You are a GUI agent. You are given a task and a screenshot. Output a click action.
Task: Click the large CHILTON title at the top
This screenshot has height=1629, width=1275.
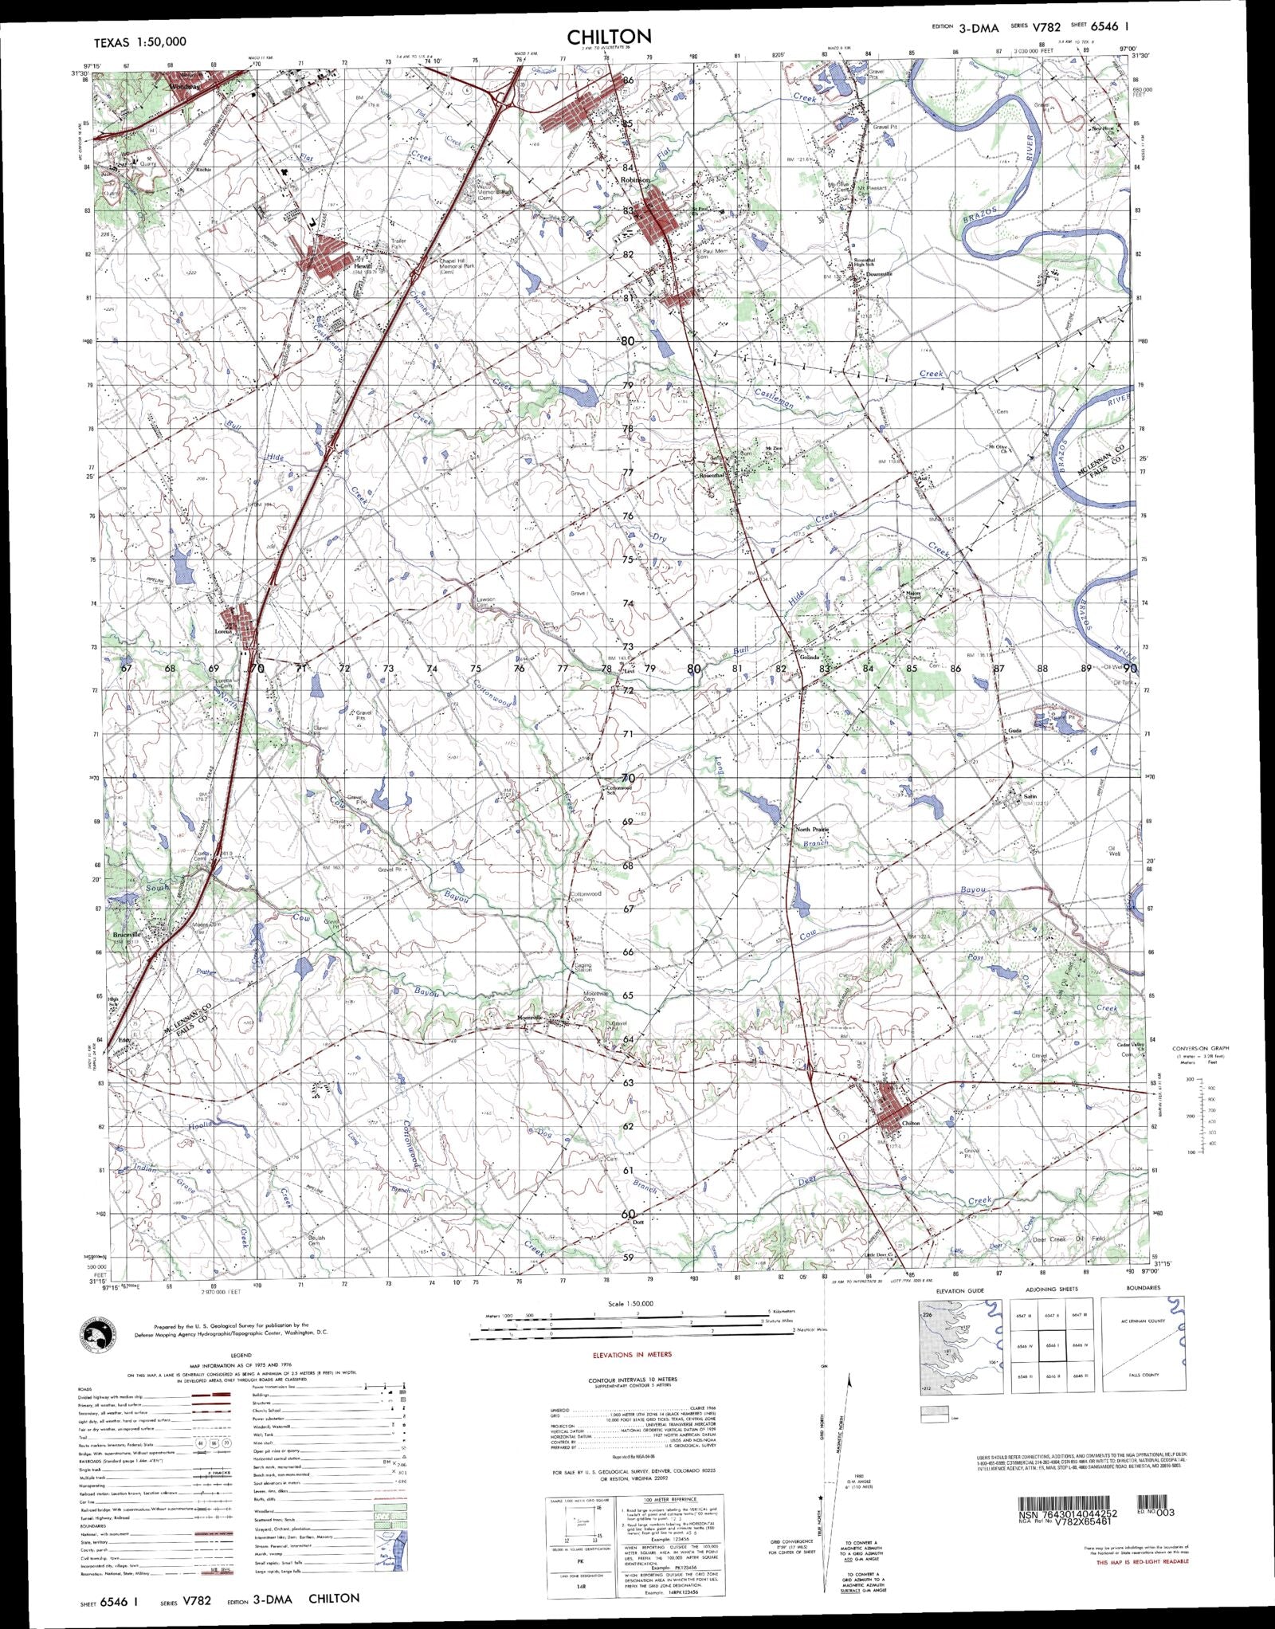tap(610, 37)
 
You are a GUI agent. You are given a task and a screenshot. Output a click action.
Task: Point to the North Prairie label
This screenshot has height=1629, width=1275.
tap(813, 830)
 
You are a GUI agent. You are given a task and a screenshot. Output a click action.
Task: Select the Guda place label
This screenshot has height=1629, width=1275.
tap(1014, 730)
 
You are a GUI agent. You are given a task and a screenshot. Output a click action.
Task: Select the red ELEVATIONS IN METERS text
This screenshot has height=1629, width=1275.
tap(632, 1354)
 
